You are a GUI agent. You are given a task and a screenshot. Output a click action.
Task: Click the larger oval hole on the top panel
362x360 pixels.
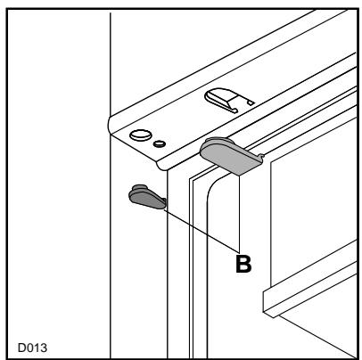[140, 135]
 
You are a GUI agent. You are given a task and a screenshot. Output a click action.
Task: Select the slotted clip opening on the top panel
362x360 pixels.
[228, 99]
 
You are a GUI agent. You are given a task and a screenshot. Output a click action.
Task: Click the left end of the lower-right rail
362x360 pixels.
[264, 302]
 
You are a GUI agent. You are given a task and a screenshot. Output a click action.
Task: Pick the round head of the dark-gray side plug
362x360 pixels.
[137, 190]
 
